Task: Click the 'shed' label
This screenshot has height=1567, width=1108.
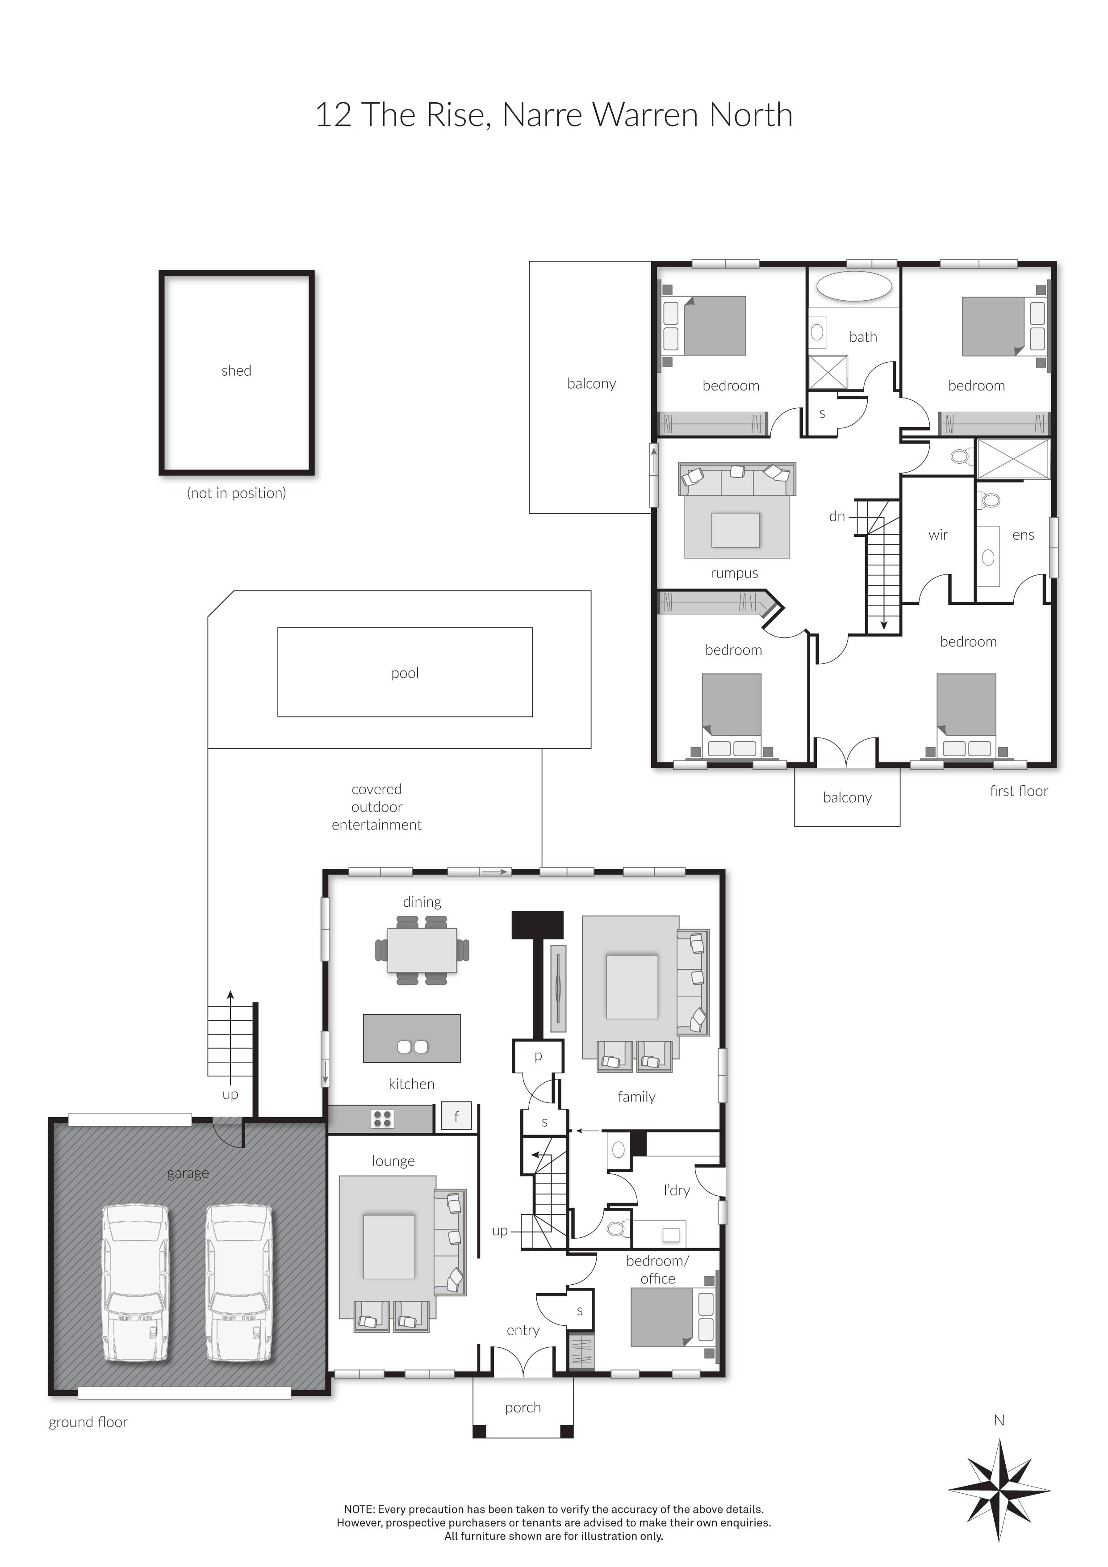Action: [236, 371]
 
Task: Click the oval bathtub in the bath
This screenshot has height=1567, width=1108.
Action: [854, 286]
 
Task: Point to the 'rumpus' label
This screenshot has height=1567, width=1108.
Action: [734, 573]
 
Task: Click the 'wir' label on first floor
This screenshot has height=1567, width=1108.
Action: [938, 535]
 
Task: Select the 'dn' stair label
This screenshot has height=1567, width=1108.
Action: [837, 517]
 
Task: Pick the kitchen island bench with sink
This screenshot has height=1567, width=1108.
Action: [411, 1038]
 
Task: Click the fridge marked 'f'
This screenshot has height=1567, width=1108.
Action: [456, 1117]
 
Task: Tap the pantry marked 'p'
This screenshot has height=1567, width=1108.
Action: [538, 1056]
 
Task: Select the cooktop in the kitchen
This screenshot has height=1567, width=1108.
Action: [382, 1119]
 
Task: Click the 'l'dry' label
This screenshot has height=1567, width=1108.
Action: [676, 1190]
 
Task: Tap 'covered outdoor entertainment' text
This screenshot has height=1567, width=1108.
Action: [376, 807]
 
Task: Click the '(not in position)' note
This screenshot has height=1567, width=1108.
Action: [236, 493]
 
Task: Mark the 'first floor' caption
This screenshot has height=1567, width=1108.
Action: [1019, 791]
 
